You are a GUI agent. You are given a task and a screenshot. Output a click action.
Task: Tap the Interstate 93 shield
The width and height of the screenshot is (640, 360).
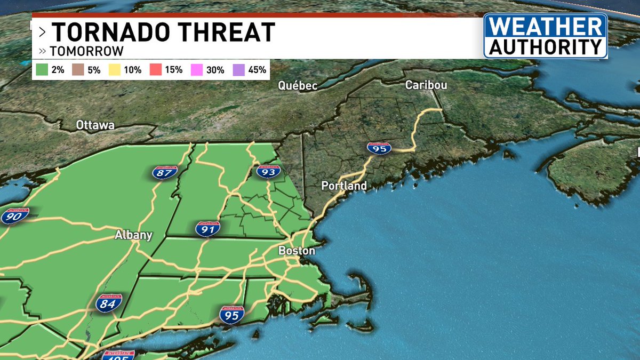[x=268, y=171]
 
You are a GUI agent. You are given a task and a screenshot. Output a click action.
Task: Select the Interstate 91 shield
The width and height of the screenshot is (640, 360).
[x=207, y=229]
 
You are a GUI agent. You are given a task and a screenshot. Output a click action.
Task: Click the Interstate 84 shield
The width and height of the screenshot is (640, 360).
[x=109, y=303]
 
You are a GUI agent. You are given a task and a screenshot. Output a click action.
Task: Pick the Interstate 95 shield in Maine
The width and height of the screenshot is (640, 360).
[x=379, y=149]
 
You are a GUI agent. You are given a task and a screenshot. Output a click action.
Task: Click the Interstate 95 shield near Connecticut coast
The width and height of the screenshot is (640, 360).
[x=231, y=315]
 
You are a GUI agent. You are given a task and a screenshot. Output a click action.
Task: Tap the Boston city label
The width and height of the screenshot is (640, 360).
[x=297, y=251]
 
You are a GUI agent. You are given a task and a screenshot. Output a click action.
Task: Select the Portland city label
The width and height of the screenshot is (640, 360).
[x=344, y=186]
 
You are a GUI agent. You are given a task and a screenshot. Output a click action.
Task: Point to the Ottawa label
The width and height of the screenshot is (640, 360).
[x=95, y=125]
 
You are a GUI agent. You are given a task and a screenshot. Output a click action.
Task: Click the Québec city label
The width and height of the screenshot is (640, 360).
[x=298, y=86]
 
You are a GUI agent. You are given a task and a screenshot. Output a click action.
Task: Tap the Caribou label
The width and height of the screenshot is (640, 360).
[x=426, y=85]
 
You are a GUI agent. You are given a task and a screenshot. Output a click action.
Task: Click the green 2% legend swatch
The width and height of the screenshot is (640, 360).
[x=42, y=70]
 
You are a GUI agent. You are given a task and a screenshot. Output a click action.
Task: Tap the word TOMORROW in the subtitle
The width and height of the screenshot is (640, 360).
[x=87, y=51]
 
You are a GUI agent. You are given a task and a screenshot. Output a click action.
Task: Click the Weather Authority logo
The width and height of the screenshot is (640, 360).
[x=545, y=36]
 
